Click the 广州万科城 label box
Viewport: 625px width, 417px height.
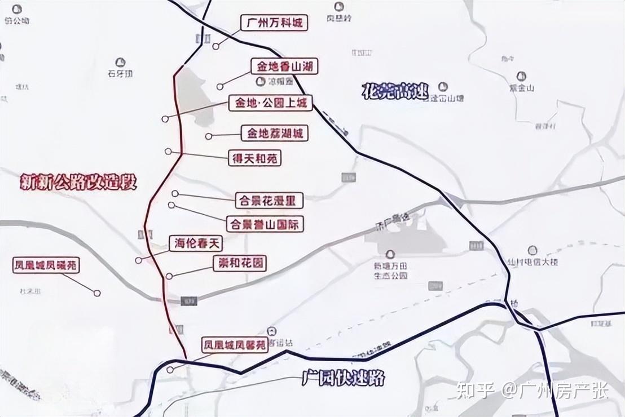pos(275,23)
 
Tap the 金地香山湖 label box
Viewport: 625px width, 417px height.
pos(284,66)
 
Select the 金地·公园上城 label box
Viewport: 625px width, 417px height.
pos(270,103)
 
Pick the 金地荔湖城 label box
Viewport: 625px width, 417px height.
pos(275,134)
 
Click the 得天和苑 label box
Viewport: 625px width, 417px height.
pos(254,158)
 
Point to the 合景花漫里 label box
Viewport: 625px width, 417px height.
pos(269,200)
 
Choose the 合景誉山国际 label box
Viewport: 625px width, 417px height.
pos(265,224)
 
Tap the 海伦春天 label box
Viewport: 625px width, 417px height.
pos(196,244)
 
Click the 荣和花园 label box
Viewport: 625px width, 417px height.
pos(239,263)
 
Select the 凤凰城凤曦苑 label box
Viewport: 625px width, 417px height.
pos(47,265)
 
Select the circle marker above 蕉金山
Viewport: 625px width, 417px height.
pos(521,76)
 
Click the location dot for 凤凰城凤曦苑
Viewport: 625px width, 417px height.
pos(98,293)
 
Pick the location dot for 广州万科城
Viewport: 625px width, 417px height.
pos(216,47)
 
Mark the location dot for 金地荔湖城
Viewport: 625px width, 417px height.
pos(209,136)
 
